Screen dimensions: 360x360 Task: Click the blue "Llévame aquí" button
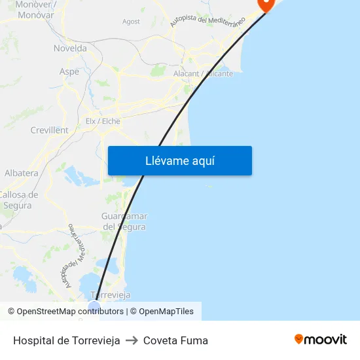pyautogui.click(x=179, y=160)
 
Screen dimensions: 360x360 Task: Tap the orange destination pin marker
pyautogui.click(x=266, y=4)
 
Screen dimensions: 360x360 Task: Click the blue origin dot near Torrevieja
pyautogui.click(x=94, y=306)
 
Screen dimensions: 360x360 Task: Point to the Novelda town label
pyautogui.click(x=70, y=48)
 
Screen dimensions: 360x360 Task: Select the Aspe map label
pyautogui.click(x=69, y=71)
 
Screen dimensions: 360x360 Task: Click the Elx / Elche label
pyautogui.click(x=103, y=120)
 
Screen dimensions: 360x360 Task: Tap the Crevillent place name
pyautogui.click(x=49, y=130)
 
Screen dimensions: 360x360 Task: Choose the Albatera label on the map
pyautogui.click(x=22, y=173)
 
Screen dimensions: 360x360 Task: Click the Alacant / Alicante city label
pyautogui.click(x=203, y=73)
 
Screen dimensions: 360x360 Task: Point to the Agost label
pyautogui.click(x=131, y=22)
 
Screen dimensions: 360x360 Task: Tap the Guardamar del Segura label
pyautogui.click(x=124, y=221)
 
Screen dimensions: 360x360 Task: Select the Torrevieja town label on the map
pyautogui.click(x=110, y=295)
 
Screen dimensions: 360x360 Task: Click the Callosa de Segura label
pyautogui.click(x=18, y=200)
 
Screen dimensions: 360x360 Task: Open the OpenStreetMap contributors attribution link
pyautogui.click(x=70, y=312)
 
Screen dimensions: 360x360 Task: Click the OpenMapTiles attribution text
pyautogui.click(x=166, y=312)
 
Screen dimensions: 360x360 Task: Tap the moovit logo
pyautogui.click(x=321, y=340)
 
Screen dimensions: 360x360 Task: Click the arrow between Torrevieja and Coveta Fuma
pyautogui.click(x=132, y=340)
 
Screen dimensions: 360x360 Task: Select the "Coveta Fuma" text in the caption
pyautogui.click(x=175, y=340)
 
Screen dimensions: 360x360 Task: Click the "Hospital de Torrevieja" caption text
pyautogui.click(x=67, y=340)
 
